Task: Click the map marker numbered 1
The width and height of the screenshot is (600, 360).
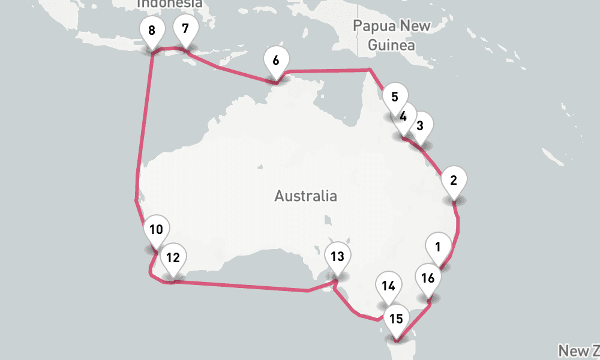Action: coord(438,246)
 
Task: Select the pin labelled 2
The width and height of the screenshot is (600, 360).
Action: coord(454,180)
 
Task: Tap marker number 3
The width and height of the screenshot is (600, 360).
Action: coord(420,125)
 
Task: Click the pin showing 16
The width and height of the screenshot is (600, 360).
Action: coord(428,278)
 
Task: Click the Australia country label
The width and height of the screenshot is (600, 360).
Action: coord(305,196)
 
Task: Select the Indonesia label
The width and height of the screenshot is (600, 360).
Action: coord(170,4)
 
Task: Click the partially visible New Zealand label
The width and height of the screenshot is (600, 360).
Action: coord(579,350)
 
